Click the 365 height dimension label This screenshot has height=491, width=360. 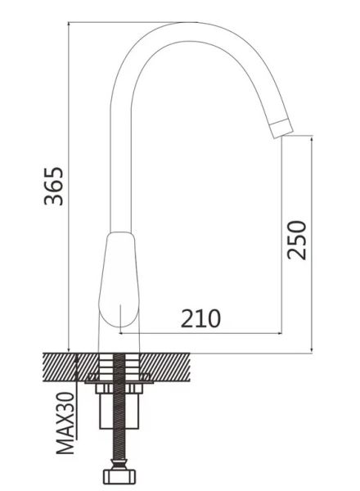(x=53, y=187)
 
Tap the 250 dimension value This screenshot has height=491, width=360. (x=297, y=240)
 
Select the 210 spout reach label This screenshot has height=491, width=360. (x=200, y=319)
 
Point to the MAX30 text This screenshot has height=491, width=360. (x=65, y=423)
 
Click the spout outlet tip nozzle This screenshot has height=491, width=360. (x=281, y=128)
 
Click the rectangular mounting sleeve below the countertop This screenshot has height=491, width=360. (x=119, y=411)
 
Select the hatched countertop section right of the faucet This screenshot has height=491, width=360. (x=164, y=367)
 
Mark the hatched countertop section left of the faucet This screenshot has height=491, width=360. (x=70, y=367)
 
